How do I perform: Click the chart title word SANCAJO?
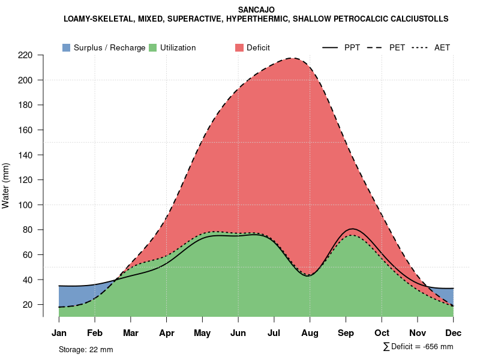click(x=256, y=10)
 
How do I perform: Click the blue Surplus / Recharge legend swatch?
click(x=67, y=47)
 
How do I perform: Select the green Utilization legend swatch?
click(x=153, y=47)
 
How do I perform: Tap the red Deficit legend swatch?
click(x=239, y=47)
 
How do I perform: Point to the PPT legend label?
click(x=352, y=47)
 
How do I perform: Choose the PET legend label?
click(x=397, y=47)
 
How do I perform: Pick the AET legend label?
click(x=442, y=47)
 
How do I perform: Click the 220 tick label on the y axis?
click(x=25, y=55)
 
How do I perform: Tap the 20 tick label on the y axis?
click(x=28, y=305)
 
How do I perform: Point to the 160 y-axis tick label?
click(x=25, y=130)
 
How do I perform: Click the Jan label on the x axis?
click(x=59, y=333)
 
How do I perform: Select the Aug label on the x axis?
click(x=310, y=333)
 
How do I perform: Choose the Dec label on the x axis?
click(x=453, y=333)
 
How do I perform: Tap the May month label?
click(x=202, y=333)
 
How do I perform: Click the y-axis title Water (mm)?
click(x=6, y=185)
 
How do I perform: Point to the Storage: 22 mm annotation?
click(x=86, y=349)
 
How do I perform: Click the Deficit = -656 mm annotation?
click(x=418, y=347)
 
